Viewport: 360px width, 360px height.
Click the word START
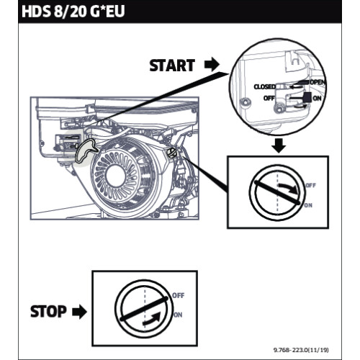[171, 65]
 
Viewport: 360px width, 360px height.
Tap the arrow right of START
[212, 65]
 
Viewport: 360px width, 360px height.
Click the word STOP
[48, 312]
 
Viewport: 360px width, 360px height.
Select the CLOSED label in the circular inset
[265, 86]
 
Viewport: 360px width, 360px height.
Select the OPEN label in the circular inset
[318, 83]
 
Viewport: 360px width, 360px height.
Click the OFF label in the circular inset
[269, 97]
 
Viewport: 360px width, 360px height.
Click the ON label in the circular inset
[318, 99]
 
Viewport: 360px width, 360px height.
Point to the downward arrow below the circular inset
[279, 146]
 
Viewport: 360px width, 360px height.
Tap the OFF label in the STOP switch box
[178, 294]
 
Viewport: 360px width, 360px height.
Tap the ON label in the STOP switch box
[178, 315]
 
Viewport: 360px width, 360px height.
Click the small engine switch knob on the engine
[173, 153]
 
